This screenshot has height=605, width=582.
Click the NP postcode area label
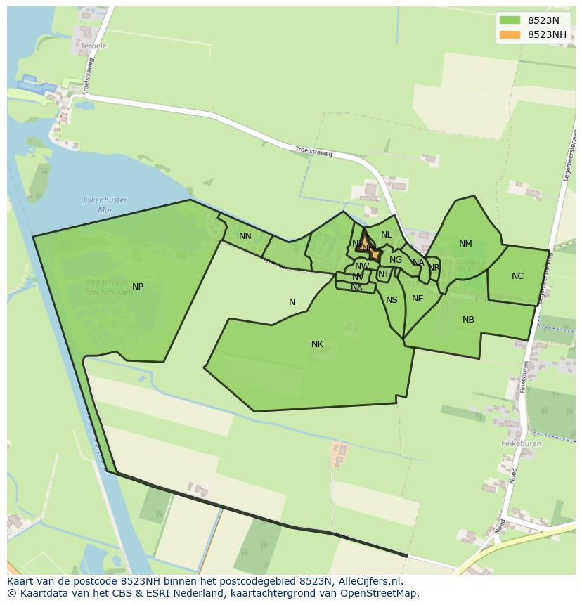click(138, 287)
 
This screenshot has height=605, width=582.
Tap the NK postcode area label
click(317, 344)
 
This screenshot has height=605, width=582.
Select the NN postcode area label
click(245, 236)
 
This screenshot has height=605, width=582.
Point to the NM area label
click(465, 244)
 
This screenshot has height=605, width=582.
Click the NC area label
click(517, 276)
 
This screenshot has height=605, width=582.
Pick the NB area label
click(468, 320)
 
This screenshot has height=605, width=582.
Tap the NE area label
click(418, 299)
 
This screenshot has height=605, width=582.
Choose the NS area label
click(392, 300)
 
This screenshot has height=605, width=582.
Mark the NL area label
click(386, 235)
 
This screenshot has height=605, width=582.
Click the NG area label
click(396, 260)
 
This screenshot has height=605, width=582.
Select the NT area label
click(383, 274)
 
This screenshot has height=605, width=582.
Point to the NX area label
click(356, 287)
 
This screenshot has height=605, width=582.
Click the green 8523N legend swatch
click(510, 20)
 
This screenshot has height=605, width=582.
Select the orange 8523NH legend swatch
click(510, 34)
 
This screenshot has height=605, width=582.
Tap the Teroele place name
click(93, 46)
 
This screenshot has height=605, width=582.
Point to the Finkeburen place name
click(521, 444)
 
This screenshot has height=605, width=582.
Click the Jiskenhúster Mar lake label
click(105, 204)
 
